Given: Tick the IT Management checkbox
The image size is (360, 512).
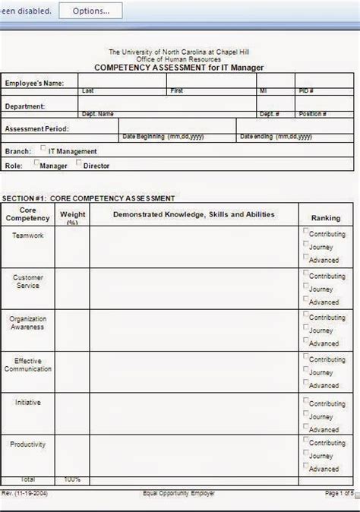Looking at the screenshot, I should coord(43,150).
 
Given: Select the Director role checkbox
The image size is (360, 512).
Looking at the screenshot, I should coord(79,163).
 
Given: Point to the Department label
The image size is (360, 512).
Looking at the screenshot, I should coord(25,106).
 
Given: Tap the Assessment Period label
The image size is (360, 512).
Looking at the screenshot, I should coord(36,129).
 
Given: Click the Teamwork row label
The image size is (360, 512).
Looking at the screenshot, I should coord(28,235).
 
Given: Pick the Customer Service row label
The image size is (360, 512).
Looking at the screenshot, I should coord(28,281).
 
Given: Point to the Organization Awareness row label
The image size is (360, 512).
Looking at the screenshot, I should coord(27,323).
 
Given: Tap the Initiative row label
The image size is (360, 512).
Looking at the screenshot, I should coord(28,402).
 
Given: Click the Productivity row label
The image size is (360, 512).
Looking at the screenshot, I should coord(28,444).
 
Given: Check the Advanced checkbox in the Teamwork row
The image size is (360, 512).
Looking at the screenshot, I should coord(306,258).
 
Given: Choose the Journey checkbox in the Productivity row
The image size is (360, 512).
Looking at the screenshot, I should coord(306,455).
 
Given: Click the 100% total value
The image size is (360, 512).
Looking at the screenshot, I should coord(72,480).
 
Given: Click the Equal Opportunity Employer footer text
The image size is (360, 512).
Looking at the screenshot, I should coord(178,494).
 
